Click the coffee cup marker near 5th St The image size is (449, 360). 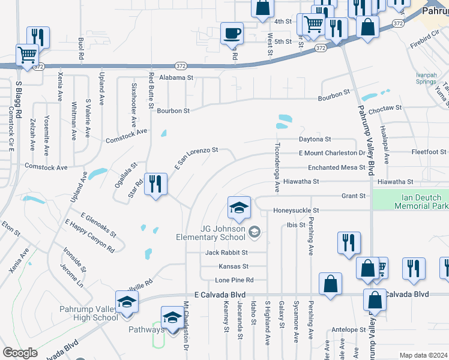click(x=232, y=34)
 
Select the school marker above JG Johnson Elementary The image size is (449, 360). click(x=238, y=208)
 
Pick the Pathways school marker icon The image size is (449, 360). click(x=172, y=317)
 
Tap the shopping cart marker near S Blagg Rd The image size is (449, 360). click(x=27, y=55)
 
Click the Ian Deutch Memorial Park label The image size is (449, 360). click(x=421, y=202)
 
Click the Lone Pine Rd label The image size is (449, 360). click(x=234, y=280)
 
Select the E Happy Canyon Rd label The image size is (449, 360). click(x=89, y=235)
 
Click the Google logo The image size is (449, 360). click(x=20, y=352)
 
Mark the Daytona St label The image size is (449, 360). click(x=315, y=139)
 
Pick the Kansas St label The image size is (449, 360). click(x=234, y=266)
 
